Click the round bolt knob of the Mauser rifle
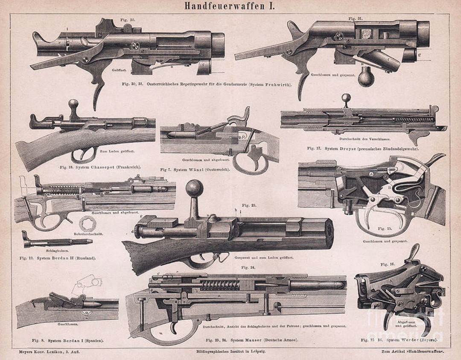pyautogui.click(x=195, y=189)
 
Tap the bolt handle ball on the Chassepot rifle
pyautogui.click(x=73, y=105)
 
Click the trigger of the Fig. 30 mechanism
pyautogui.click(x=99, y=87)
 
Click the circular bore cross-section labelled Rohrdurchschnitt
pyautogui.click(x=88, y=224)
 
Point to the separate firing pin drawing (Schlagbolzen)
pyautogui.click(x=58, y=242)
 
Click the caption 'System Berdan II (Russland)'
pyautogui.click(x=63, y=258)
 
